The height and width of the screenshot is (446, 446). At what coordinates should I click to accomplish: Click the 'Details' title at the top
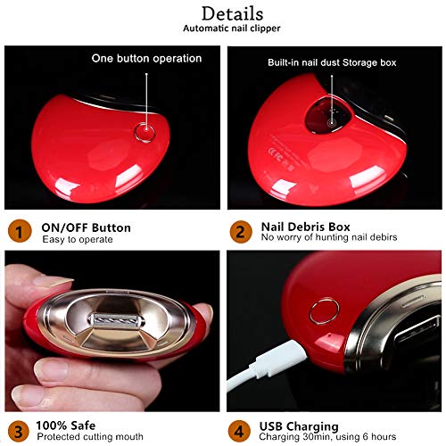pyautogui.click(x=232, y=13)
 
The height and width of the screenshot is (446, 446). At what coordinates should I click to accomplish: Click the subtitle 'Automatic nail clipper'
pyautogui.click(x=232, y=29)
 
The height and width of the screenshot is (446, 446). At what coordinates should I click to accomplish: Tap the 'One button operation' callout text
pyautogui.click(x=147, y=59)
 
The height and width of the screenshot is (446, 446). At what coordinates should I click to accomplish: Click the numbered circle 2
pyautogui.click(x=238, y=233)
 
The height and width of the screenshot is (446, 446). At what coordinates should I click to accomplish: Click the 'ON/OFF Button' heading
pyautogui.click(x=86, y=227)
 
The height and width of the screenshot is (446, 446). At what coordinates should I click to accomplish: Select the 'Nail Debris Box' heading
pyautogui.click(x=306, y=227)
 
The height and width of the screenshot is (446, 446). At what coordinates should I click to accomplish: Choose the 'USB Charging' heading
pyautogui.click(x=300, y=425)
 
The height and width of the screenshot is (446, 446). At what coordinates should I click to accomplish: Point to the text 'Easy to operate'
pyautogui.click(x=77, y=239)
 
